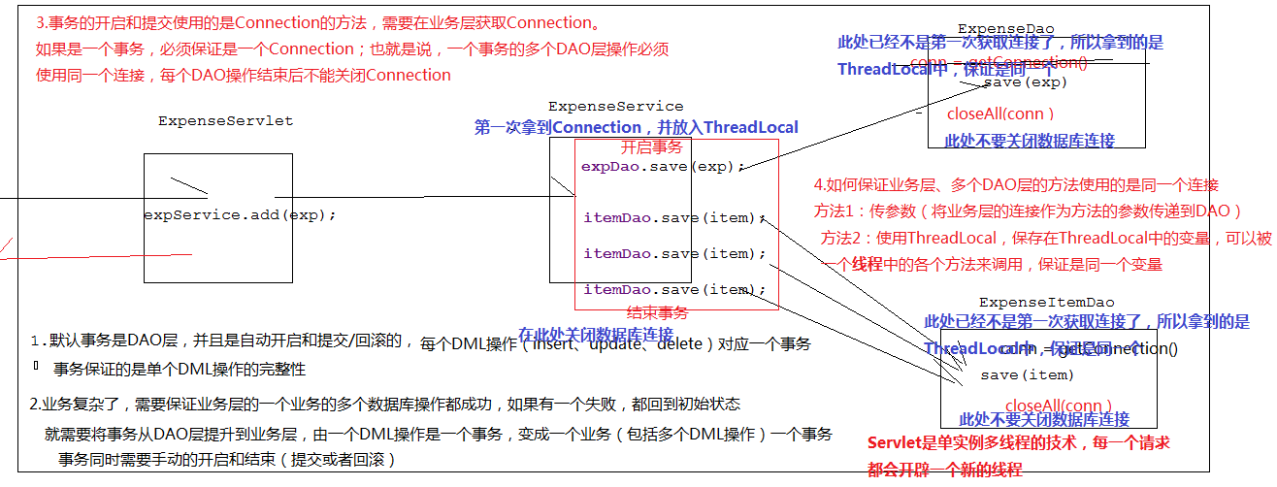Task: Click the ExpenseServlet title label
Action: (x=225, y=121)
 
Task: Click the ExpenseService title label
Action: (x=615, y=107)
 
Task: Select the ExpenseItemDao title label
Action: (x=1046, y=303)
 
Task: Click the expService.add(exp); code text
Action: (x=240, y=214)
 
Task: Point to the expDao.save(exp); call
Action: (x=664, y=166)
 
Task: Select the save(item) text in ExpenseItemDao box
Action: (x=1027, y=374)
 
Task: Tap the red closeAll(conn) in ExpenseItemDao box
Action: (x=1059, y=406)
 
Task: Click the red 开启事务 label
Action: (x=651, y=147)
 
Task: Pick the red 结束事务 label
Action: (x=657, y=312)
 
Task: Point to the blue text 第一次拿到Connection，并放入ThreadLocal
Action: (x=637, y=127)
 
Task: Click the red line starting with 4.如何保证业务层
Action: (x=1016, y=185)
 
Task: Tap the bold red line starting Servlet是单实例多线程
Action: (x=1018, y=443)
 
